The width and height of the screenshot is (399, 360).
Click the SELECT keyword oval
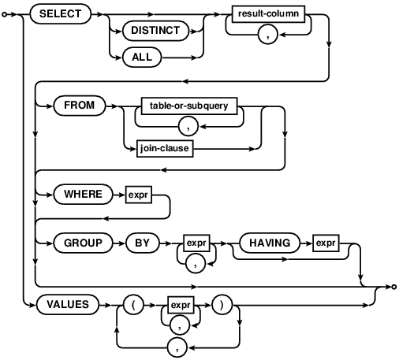[61, 14]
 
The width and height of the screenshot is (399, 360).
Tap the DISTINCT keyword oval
[155, 31]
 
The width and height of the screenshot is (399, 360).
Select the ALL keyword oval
[142, 57]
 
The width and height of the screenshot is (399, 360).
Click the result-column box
[268, 14]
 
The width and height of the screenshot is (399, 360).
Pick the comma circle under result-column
[268, 35]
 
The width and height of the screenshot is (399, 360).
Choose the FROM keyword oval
[80, 106]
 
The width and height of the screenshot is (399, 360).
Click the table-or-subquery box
[189, 106]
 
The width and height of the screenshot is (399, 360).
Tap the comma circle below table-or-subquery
[188, 126]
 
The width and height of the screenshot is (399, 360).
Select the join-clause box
[165, 149]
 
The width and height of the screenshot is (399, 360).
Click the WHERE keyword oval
[83, 195]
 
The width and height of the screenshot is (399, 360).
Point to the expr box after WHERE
[139, 195]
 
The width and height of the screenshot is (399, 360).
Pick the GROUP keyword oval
[83, 243]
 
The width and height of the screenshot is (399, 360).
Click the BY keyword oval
[143, 243]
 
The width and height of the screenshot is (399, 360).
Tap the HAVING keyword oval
[270, 243]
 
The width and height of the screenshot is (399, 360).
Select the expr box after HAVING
[326, 243]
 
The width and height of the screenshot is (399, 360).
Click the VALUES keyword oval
[68, 305]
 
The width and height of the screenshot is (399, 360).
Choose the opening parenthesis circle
[133, 305]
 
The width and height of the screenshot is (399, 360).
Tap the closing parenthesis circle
[222, 305]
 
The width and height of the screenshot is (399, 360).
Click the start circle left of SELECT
[4, 14]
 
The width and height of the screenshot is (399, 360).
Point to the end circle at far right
[393, 287]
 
